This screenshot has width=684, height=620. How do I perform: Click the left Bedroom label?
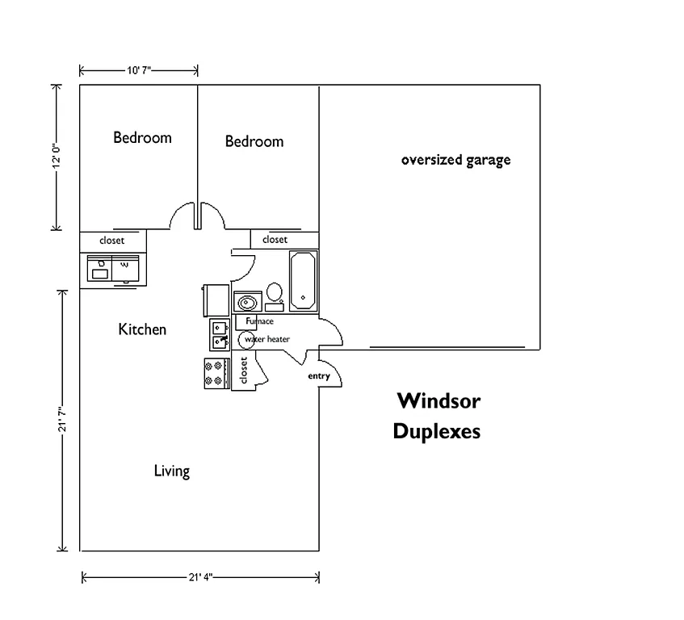pos(142,137)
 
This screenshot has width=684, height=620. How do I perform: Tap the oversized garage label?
pos(455,160)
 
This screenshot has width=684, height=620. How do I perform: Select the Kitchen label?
pos(142,329)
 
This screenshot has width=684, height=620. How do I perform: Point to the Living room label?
pos(171,471)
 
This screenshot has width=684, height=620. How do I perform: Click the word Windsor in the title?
pos(438,400)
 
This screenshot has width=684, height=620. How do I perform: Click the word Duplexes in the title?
pos(436,432)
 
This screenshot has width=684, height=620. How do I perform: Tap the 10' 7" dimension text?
pos(139,71)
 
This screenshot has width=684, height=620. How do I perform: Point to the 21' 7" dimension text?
pos(61,420)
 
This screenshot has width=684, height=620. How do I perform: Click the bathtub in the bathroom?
pos(303,280)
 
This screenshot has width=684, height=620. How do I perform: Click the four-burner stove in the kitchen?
pos(215,373)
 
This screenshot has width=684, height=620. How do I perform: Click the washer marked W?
pos(126,268)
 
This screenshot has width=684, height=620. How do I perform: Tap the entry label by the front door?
pos(318,377)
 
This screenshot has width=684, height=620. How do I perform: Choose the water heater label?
pos(267,340)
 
